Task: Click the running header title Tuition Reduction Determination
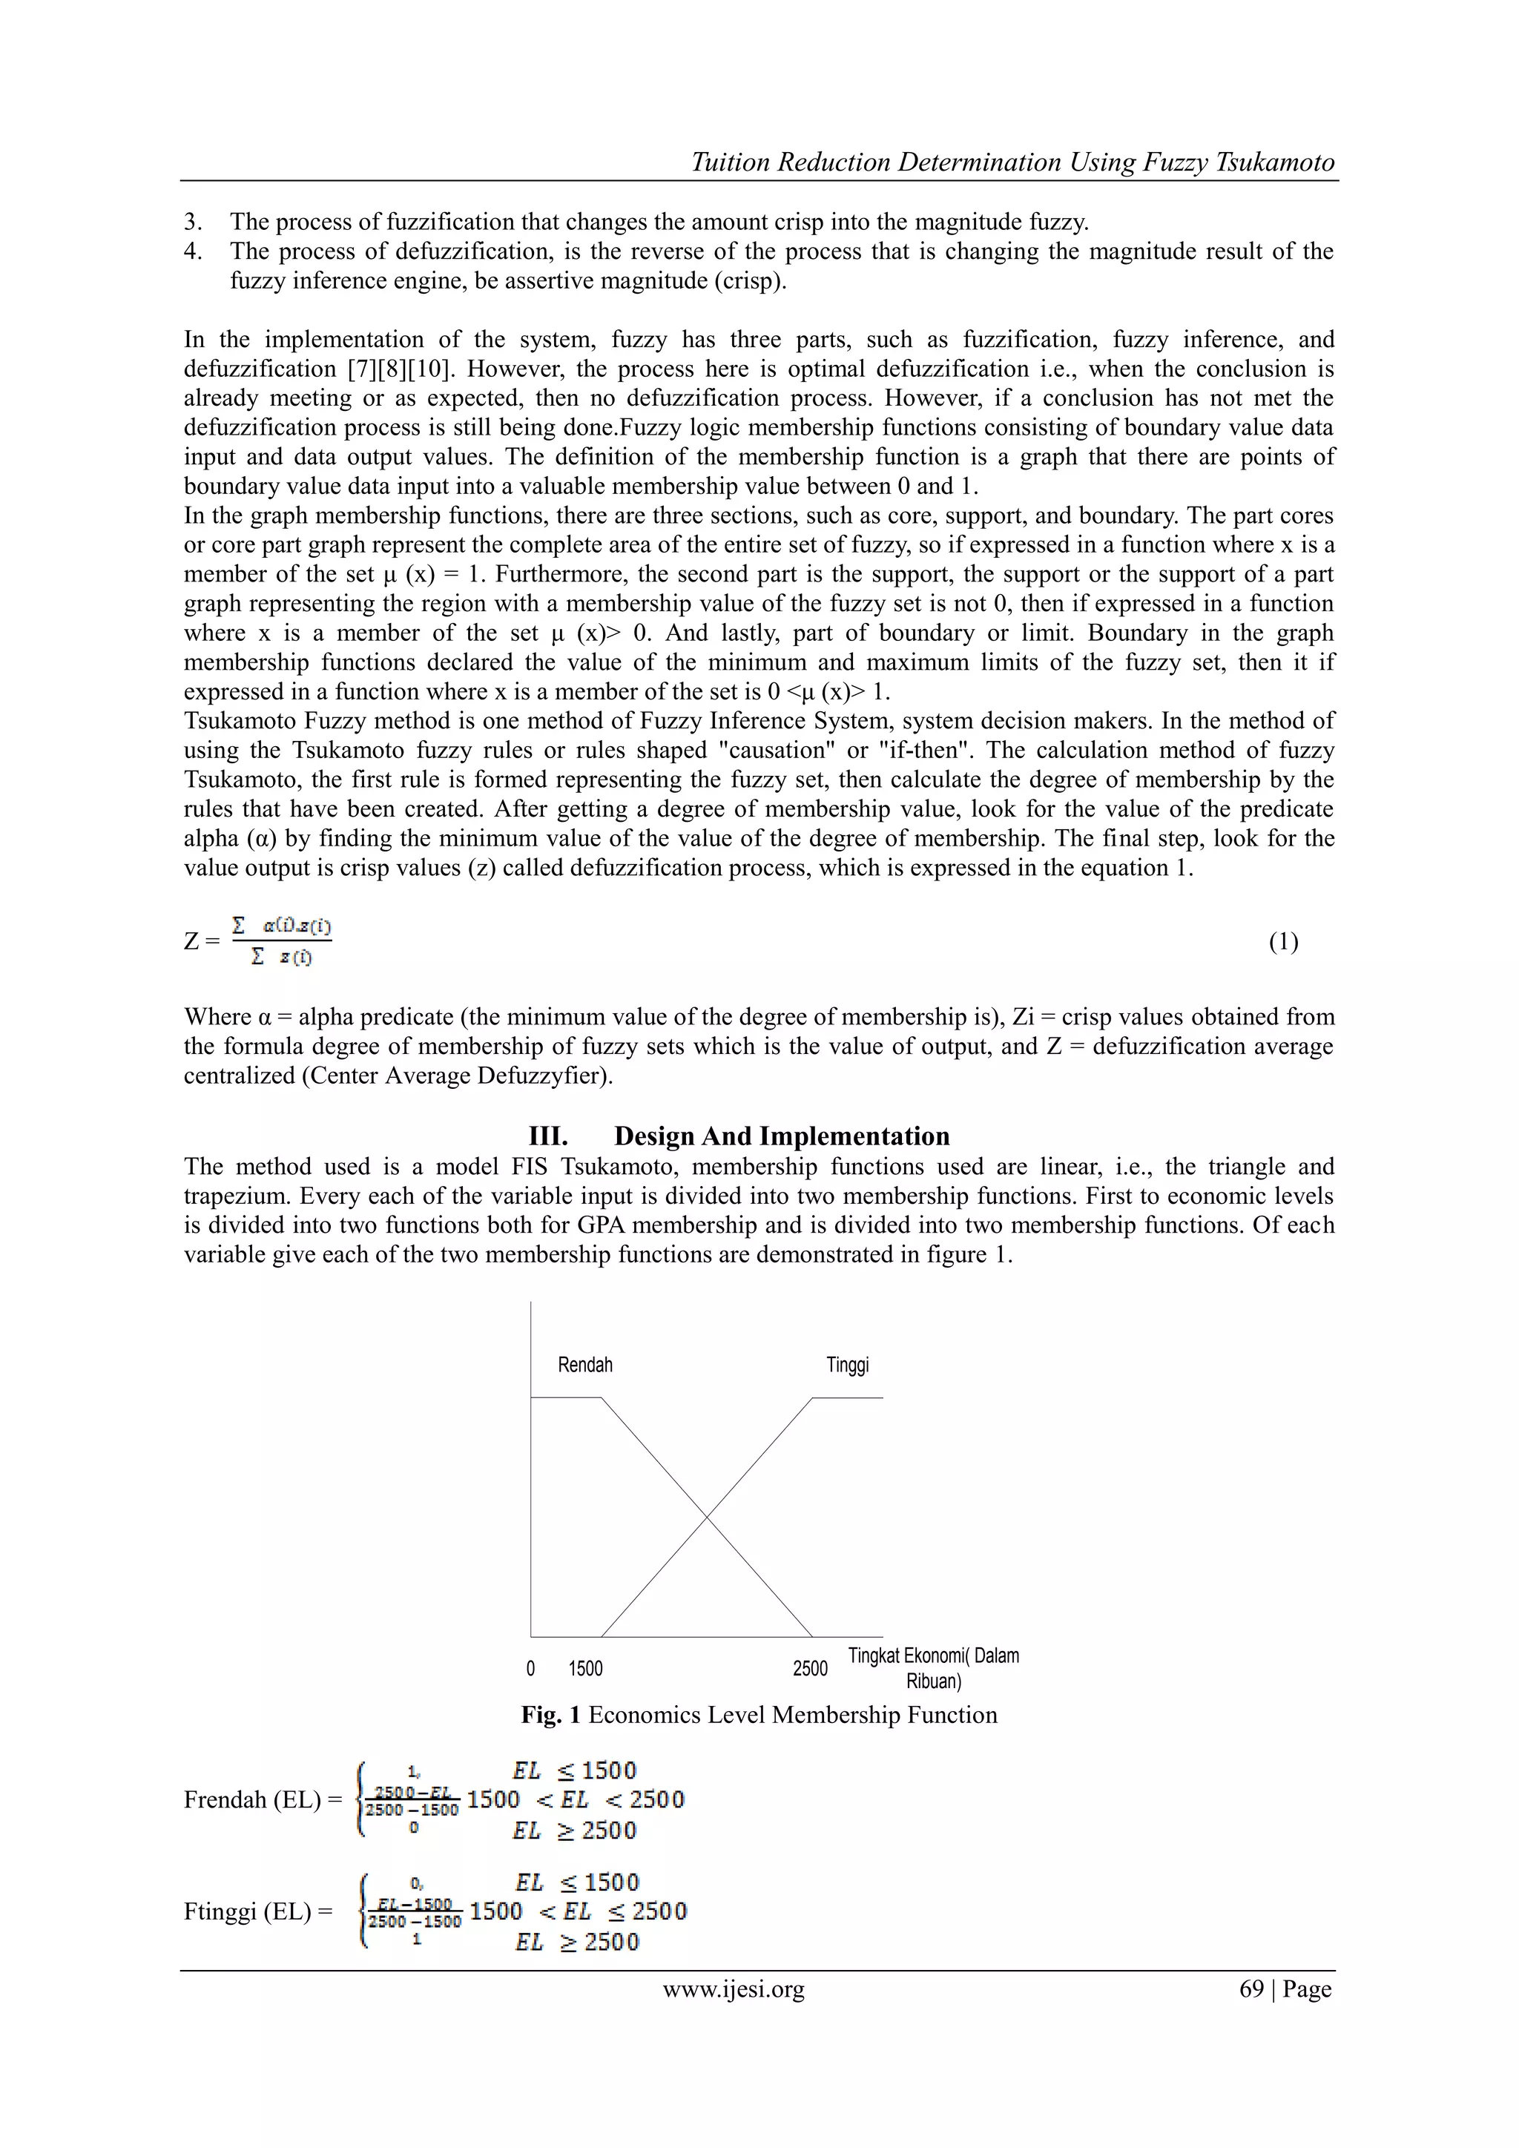tap(1012, 162)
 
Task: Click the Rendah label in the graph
tap(584, 1365)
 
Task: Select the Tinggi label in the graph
tap(848, 1365)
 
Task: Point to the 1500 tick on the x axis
tap(585, 1669)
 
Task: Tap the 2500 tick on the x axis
tap(810, 1669)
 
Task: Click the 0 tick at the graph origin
tap(530, 1669)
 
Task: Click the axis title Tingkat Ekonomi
tap(934, 1657)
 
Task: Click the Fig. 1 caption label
tap(551, 1715)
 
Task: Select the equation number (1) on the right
tap(1283, 942)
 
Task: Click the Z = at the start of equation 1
tap(201, 942)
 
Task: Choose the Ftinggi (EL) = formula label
tap(258, 1912)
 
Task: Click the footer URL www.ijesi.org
tap(734, 1989)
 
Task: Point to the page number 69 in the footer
tap(1251, 1989)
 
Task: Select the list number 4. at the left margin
tap(193, 251)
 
